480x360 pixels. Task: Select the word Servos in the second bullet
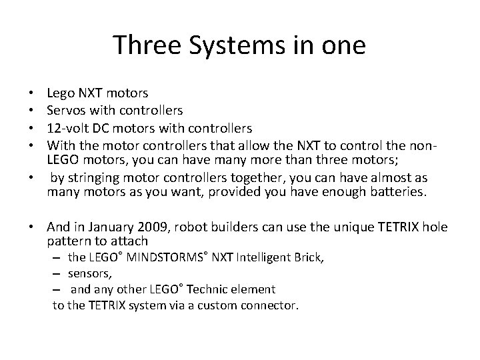pyautogui.click(x=65, y=109)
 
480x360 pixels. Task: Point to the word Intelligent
pyautogui.click(x=257, y=257)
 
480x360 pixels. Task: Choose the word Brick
pyautogui.click(x=307, y=257)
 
